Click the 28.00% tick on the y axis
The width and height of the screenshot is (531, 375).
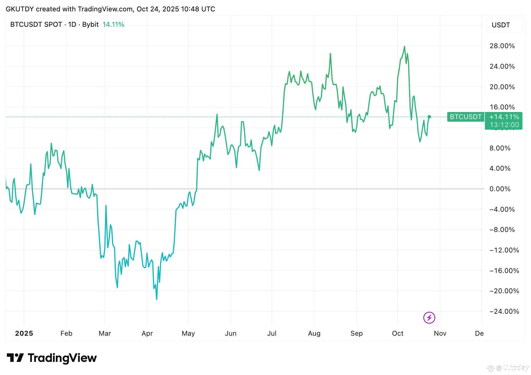[x=502, y=46]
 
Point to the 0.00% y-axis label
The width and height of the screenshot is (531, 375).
[x=500, y=189]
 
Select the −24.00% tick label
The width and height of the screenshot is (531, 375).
[x=504, y=311]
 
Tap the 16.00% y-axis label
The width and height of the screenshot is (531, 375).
[x=502, y=107]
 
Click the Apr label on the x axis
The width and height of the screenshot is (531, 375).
[x=147, y=333]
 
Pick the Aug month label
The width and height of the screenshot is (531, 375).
[x=314, y=333]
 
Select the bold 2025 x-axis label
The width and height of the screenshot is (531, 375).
[x=24, y=333]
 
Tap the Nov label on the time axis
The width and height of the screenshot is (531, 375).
[x=440, y=333]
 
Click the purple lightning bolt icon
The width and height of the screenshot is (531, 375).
[x=429, y=318]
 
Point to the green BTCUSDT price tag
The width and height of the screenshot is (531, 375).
[x=465, y=117]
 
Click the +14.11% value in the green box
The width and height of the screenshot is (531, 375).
[x=504, y=117]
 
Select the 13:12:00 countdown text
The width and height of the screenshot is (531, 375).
[x=504, y=125]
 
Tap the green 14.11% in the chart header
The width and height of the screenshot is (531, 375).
[x=113, y=25]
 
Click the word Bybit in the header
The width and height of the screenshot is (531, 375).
[x=90, y=25]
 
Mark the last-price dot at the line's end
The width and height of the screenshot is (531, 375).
[x=429, y=117]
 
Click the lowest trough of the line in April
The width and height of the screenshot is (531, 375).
[x=157, y=299]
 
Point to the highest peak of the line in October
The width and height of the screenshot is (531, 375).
[x=404, y=46]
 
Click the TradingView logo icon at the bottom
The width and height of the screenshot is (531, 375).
[x=15, y=358]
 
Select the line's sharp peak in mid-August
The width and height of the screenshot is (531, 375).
[x=330, y=54]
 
